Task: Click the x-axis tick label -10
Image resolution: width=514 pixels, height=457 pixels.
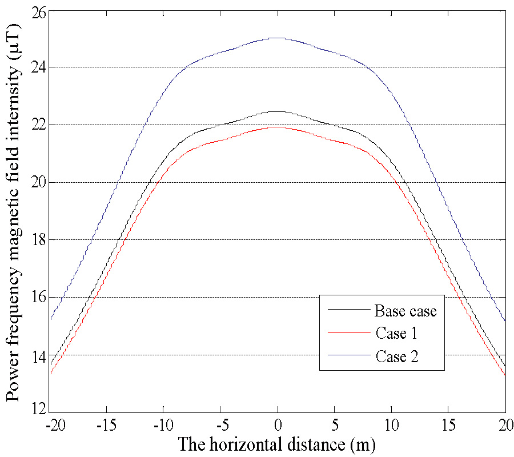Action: (x=163, y=426)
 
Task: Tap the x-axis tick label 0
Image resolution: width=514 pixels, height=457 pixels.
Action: (x=278, y=426)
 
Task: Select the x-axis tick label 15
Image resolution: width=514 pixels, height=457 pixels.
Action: (x=448, y=426)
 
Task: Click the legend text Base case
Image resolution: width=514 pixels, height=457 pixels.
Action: (x=405, y=311)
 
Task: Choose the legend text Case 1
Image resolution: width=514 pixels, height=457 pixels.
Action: (x=396, y=334)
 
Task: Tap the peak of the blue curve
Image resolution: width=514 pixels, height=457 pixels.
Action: (x=278, y=38)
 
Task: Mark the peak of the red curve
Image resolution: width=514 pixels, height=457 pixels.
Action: (x=278, y=127)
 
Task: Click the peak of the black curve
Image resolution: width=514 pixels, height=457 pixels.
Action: (x=278, y=111)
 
